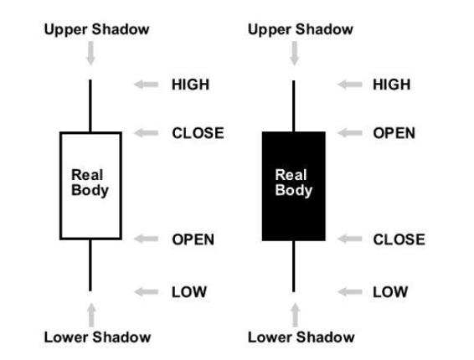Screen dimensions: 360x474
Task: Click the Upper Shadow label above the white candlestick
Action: pos(95,29)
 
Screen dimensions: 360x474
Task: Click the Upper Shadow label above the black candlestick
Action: pos(300,29)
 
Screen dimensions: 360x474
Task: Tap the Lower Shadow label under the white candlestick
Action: pos(97,337)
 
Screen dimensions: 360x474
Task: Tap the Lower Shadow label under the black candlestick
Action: pos(301,337)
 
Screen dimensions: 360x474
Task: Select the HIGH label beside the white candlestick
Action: pos(190,85)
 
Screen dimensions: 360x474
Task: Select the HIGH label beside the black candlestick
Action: pos(391,85)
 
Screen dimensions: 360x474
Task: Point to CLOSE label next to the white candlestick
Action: pos(198,133)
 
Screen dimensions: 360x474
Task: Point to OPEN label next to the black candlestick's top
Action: pos(394,133)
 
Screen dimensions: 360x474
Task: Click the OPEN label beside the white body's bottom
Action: pos(193,239)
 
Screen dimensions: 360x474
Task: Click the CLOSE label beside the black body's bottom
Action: pos(399,239)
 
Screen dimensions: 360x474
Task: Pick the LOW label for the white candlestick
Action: pos(189,291)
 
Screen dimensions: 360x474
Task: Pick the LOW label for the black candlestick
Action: pos(390,291)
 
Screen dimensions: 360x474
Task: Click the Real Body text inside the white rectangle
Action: pos(90,183)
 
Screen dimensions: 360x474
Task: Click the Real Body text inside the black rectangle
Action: pos(293,183)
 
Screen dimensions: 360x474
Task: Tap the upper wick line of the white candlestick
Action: pos(90,105)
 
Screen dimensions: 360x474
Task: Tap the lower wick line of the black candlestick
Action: pos(293,265)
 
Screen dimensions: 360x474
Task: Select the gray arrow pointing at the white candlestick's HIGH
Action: pos(147,85)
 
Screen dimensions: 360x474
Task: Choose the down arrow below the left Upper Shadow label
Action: pos(90,54)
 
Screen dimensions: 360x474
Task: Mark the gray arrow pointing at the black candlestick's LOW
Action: pos(349,291)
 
